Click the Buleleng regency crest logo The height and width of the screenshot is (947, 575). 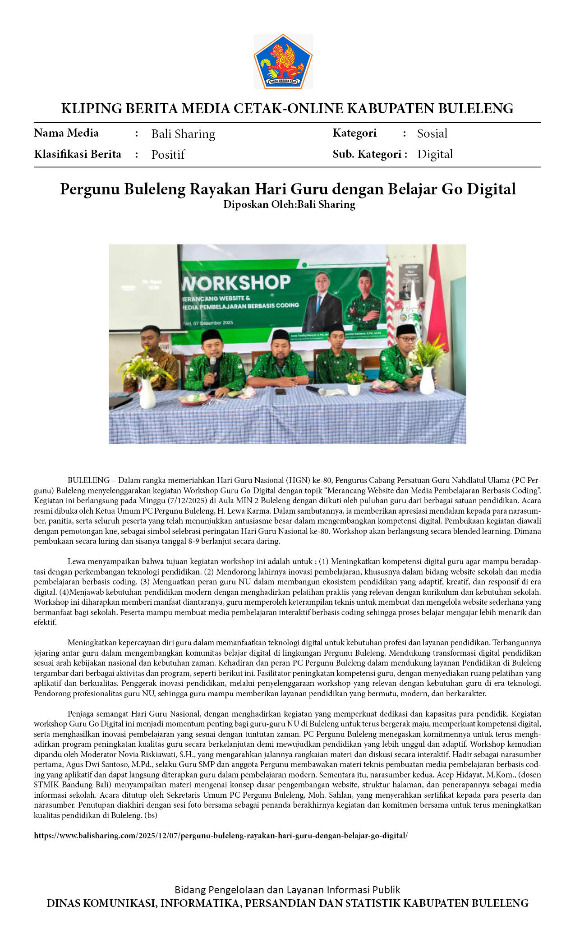click(x=283, y=61)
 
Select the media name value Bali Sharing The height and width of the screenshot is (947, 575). click(x=183, y=134)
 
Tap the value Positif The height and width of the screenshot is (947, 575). click(x=168, y=155)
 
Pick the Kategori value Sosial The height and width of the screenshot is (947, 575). click(x=432, y=133)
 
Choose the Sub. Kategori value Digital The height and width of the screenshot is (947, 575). click(x=435, y=154)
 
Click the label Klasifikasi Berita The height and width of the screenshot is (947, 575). click(x=78, y=154)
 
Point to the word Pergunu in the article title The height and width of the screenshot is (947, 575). click(x=90, y=189)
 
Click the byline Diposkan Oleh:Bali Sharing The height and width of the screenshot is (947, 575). click(x=289, y=205)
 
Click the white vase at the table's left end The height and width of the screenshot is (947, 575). click(x=147, y=393)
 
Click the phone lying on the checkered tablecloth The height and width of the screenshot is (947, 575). click(x=280, y=391)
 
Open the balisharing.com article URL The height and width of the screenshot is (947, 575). click(x=221, y=835)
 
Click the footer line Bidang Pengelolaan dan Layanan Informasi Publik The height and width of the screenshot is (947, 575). click(x=287, y=889)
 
